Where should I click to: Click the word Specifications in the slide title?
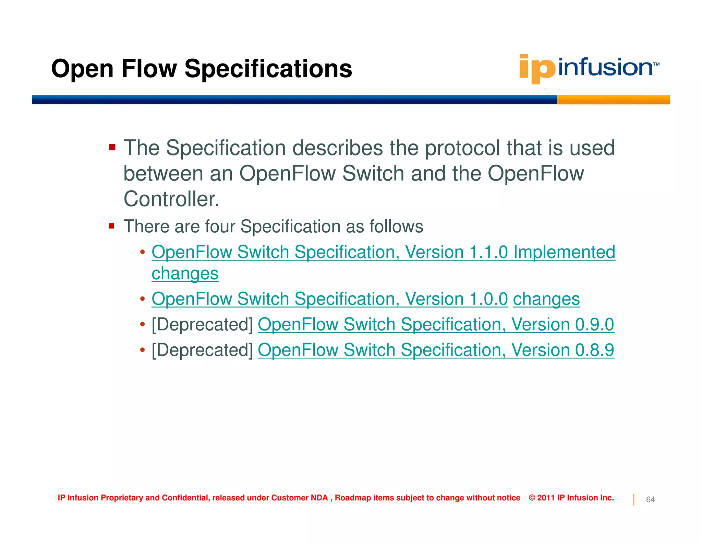[x=268, y=69]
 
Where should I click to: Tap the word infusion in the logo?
[x=605, y=67]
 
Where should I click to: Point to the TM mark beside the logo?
[x=656, y=64]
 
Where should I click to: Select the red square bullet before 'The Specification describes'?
[x=112, y=148]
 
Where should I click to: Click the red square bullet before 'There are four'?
[x=111, y=226]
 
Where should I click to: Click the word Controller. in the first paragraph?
[x=171, y=199]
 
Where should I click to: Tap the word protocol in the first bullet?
[x=462, y=148]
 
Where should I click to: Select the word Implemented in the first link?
[x=564, y=252]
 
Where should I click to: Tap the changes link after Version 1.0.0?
[x=546, y=299]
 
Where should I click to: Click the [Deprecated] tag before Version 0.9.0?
[x=202, y=325]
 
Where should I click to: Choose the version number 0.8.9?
[x=594, y=350]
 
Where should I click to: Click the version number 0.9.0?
[x=594, y=325]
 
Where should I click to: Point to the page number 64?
[x=650, y=499]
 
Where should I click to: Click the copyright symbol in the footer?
[x=532, y=498]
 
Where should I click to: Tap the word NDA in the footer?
[x=319, y=498]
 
